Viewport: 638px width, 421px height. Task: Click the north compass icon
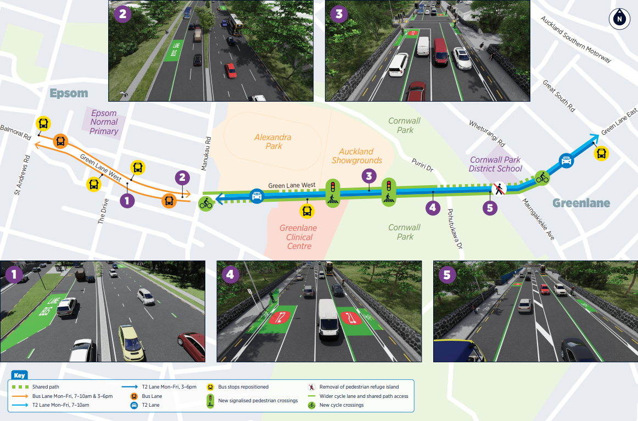[x=619, y=19]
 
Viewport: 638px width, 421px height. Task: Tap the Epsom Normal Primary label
[x=104, y=123]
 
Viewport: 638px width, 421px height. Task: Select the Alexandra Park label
[x=273, y=141]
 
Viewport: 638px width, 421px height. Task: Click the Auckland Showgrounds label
[x=356, y=156]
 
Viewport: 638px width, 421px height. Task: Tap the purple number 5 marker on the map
[x=490, y=208]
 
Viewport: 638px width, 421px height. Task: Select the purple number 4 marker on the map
[x=433, y=208]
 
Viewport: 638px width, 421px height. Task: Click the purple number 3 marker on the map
[x=369, y=176]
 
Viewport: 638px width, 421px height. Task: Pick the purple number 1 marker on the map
[x=127, y=201]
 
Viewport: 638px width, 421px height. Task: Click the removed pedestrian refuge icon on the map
[x=499, y=189]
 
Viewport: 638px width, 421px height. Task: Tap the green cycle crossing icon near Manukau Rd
[x=206, y=203]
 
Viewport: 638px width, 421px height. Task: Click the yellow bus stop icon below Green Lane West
[x=307, y=210]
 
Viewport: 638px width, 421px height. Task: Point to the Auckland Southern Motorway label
[x=575, y=39]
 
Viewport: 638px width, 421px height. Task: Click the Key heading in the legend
[x=20, y=376]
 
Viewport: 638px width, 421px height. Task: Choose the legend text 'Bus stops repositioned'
[x=243, y=387]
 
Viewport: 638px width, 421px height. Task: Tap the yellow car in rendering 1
[x=130, y=341]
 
